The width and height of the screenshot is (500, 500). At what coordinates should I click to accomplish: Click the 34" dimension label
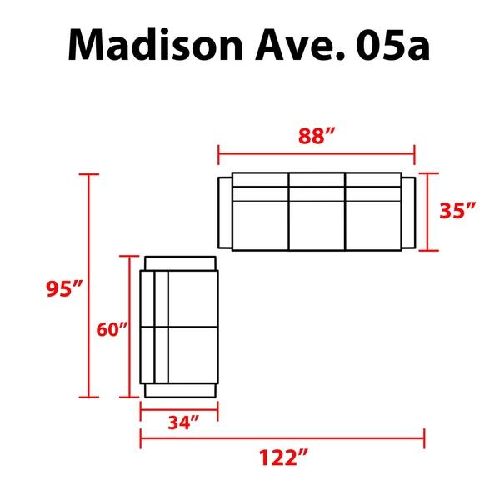[179, 424]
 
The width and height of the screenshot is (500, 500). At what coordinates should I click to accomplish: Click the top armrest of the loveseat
[181, 262]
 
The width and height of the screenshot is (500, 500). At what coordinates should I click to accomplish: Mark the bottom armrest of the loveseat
[181, 390]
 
